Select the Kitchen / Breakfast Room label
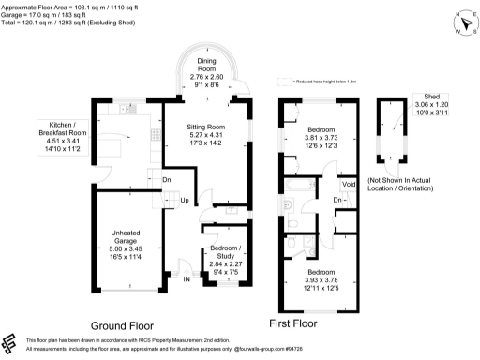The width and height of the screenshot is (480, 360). [63, 133]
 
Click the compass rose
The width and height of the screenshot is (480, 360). [459, 21]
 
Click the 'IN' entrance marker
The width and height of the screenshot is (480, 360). [186, 278]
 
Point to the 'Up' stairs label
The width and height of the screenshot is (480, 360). [184, 201]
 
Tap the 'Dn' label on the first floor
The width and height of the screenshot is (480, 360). [337, 200]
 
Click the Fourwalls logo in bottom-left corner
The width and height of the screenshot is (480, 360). [11, 341]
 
